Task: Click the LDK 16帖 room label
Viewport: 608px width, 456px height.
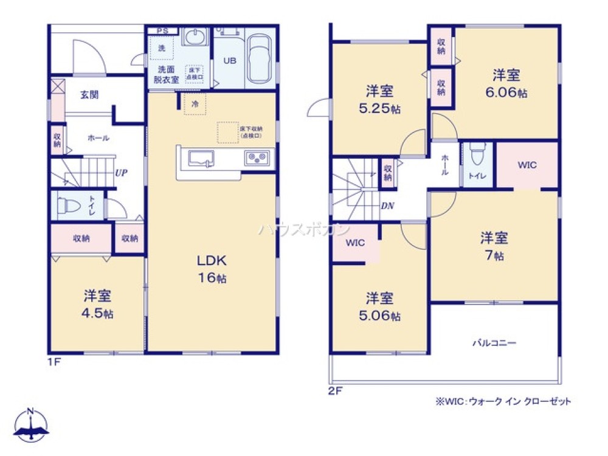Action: point(211,269)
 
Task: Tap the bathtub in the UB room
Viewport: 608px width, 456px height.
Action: point(260,58)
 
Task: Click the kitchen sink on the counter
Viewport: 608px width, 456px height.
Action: point(201,158)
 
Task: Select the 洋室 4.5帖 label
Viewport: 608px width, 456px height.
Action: point(97,305)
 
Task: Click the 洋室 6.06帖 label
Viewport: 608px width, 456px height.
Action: point(506,84)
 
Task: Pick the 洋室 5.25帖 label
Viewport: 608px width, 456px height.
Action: point(379,100)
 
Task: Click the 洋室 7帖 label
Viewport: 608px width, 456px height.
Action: point(494,246)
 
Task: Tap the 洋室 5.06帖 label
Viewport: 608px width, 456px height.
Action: point(379,306)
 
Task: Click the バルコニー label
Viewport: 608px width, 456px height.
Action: point(494,343)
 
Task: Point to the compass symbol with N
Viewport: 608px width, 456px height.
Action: point(32,424)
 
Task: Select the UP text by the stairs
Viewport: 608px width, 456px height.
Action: point(121,173)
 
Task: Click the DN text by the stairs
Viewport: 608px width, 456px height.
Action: point(387,206)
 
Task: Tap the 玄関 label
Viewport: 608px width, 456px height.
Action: point(89,95)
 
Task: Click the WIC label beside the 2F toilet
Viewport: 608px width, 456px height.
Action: point(527,165)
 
